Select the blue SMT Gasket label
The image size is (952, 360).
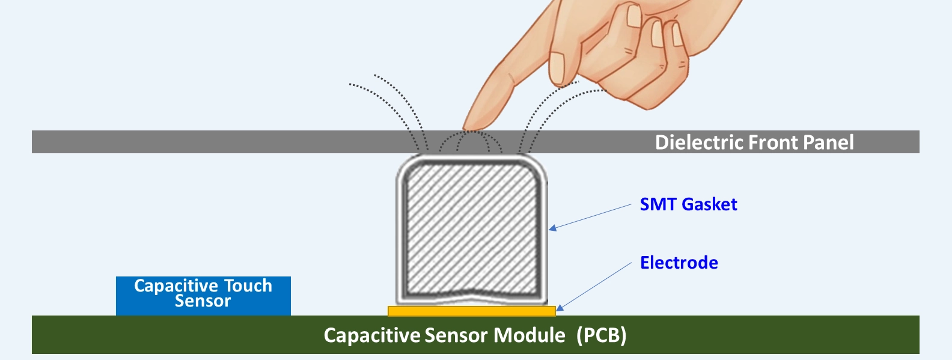coord(689,204)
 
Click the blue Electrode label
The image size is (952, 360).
coord(679,263)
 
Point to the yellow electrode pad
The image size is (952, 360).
coord(472,311)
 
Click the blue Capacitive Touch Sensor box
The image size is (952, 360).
coord(203,296)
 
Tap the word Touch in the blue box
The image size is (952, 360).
coord(248,285)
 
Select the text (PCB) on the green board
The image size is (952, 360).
coord(602,335)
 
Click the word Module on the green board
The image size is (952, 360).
coord(529,335)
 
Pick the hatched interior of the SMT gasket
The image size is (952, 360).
coord(472,230)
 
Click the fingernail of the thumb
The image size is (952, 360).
coord(558,68)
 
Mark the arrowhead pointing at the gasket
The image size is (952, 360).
coord(552,228)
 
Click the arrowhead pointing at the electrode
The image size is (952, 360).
coord(560,308)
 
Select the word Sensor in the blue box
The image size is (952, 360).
coord(203,301)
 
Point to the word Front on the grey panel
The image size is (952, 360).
coord(773,142)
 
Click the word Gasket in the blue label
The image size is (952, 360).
coord(709,204)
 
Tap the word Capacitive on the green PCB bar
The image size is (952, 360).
coord(372,335)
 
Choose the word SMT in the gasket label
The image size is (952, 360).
coord(659,204)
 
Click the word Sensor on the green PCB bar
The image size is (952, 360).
coord(456,335)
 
